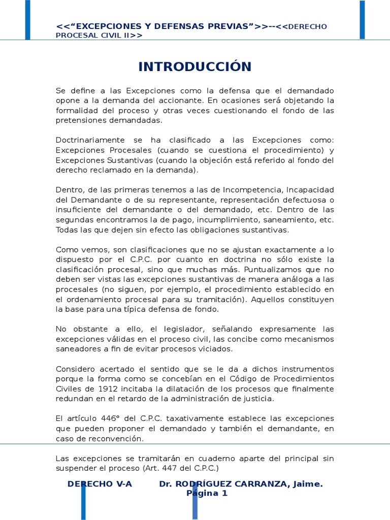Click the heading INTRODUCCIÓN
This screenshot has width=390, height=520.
click(195, 67)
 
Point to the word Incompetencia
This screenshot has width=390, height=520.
click(268, 189)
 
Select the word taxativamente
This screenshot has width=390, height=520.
click(188, 418)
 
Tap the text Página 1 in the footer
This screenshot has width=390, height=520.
click(207, 493)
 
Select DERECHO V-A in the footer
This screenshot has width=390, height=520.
click(100, 484)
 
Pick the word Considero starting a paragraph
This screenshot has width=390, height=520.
click(75, 369)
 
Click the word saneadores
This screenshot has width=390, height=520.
click(78, 349)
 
